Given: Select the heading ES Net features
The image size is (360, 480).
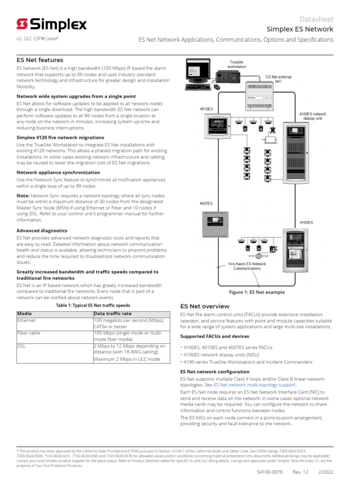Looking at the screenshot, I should tap(40, 60).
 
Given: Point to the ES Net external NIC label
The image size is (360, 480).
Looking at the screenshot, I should tap(278, 78).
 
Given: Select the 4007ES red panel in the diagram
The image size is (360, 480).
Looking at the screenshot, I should tap(213, 225).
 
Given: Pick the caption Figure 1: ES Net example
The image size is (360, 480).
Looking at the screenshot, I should tap(256, 292).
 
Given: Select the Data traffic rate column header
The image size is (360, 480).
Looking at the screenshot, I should tap(113, 314).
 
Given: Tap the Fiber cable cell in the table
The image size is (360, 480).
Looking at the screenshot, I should tap(28, 333).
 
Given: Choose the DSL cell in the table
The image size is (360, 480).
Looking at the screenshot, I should tap(22, 346).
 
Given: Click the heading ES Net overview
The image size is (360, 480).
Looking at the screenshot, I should tap(205, 306).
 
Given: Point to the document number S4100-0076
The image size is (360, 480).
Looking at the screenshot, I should tap(270, 472).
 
